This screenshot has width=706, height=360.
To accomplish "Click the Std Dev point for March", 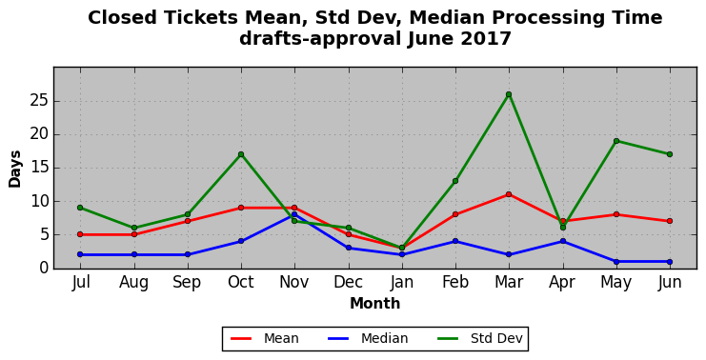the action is [x=509, y=94].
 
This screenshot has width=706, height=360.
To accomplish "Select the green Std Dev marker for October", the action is [x=241, y=154].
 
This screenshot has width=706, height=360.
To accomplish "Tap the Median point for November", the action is [x=294, y=214].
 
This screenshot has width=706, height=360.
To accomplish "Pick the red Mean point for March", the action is [x=509, y=194].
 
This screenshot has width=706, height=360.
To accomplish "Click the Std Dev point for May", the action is [x=615, y=141].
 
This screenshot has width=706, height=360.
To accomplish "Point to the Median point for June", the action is [x=670, y=262].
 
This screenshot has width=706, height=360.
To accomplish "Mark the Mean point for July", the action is [x=80, y=234].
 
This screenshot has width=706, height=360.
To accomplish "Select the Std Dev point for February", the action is [x=455, y=181].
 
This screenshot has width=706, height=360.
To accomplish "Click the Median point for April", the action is [x=562, y=241].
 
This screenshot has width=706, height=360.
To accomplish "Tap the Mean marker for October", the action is [x=241, y=208].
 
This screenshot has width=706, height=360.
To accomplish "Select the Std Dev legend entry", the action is [x=479, y=338].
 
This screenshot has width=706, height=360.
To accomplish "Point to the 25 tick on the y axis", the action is [x=39, y=101].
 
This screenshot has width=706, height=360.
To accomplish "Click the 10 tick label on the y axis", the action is [x=39, y=201].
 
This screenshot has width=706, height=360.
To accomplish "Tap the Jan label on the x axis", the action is [x=402, y=282].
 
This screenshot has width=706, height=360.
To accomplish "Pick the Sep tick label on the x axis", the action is [x=188, y=283].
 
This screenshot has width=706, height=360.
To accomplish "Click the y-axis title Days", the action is [x=15, y=169].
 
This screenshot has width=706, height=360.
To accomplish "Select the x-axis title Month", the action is [x=375, y=303].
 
